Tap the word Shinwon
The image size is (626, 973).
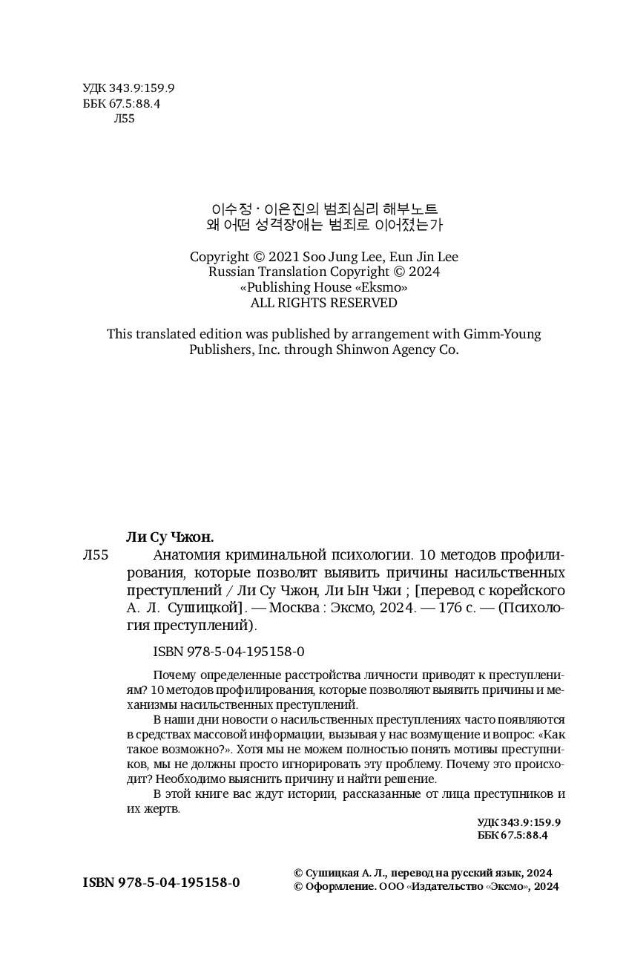point(363,350)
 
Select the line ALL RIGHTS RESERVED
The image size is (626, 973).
point(323,303)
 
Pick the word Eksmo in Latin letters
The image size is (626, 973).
point(382,287)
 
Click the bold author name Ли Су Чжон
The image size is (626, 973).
point(171,537)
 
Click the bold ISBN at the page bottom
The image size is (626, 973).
point(162,882)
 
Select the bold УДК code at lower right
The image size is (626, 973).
point(518,822)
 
